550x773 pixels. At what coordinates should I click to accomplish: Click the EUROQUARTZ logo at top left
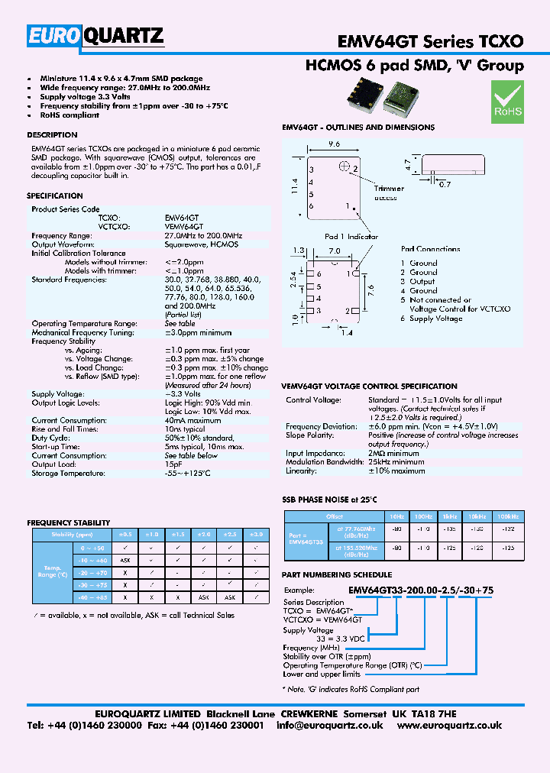95,36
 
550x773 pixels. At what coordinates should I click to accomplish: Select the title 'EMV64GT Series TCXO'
431,40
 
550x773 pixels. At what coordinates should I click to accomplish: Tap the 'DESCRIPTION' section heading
52,135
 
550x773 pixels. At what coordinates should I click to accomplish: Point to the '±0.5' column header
126,535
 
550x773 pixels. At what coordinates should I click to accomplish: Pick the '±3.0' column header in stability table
257,535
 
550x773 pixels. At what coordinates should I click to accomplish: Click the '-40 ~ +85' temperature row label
93,597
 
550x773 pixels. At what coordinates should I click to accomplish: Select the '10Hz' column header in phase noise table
397,517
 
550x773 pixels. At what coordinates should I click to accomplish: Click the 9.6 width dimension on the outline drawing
333,144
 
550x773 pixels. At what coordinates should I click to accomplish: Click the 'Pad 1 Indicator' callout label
351,237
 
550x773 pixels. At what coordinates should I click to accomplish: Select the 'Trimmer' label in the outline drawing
389,189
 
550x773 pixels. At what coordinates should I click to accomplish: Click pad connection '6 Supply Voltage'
432,319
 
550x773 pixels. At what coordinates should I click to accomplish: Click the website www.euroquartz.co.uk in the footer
449,726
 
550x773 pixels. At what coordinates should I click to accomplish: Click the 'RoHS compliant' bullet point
70,115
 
